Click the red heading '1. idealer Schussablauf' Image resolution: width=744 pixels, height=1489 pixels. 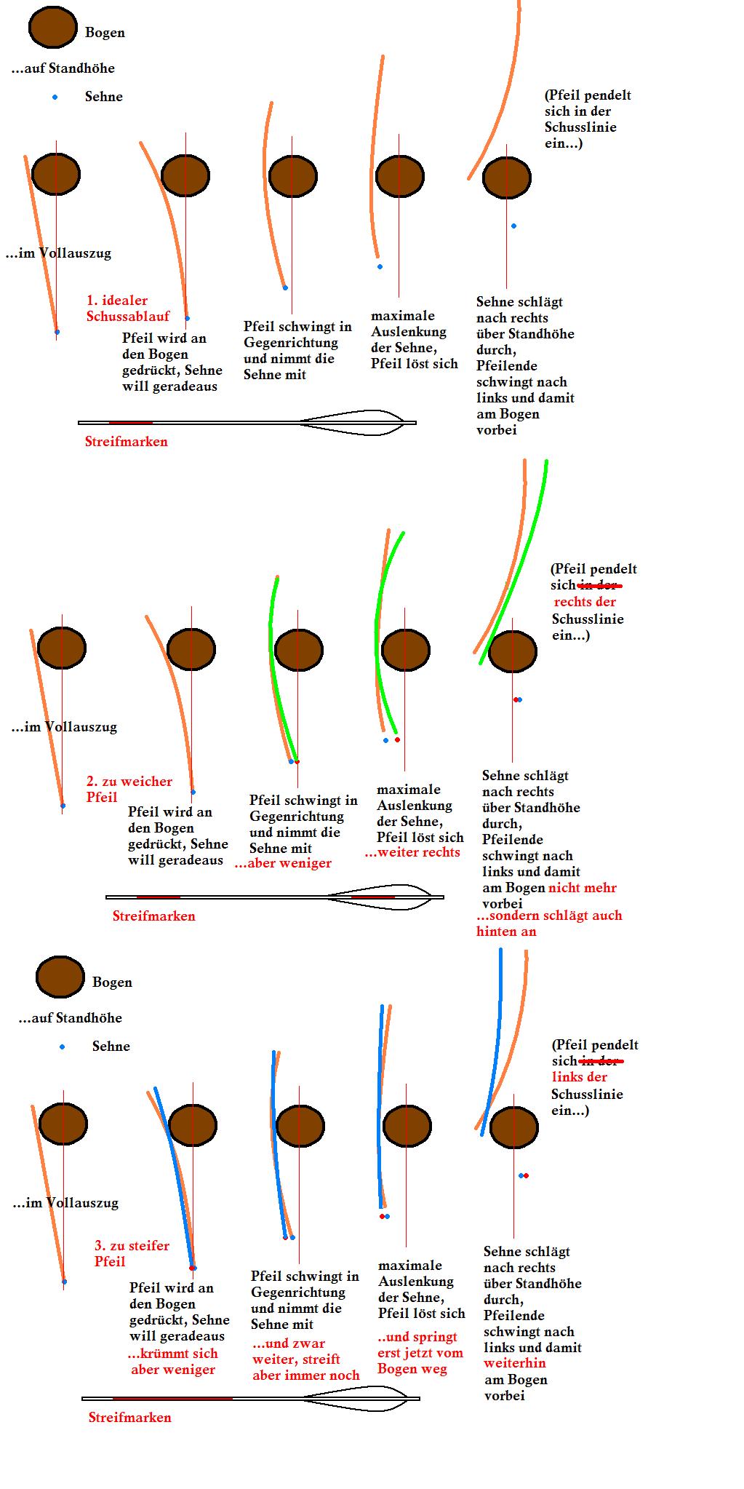coord(127,308)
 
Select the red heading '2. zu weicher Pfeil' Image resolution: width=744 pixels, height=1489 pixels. coord(129,789)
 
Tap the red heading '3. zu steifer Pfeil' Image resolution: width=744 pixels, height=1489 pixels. coord(131,1253)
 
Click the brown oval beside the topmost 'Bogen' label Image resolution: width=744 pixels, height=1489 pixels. coord(52,27)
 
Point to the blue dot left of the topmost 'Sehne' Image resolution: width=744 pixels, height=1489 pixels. coord(55,97)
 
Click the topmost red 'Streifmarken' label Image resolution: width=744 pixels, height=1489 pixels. coord(126,441)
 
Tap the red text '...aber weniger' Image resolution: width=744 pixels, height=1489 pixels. coord(283,863)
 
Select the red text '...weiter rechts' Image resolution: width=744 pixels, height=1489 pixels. coord(412,852)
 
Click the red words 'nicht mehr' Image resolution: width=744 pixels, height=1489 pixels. coord(582,887)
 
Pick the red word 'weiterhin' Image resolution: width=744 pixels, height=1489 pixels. coord(514,1362)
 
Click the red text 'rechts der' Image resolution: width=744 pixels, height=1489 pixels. coord(585,602)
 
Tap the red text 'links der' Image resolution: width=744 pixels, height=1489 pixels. coord(579,1077)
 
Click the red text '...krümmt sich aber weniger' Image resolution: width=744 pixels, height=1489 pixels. coord(172,1361)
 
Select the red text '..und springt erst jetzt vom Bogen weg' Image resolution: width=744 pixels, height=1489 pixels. coord(420,1352)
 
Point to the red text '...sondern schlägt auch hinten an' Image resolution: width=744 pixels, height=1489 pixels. coord(548,923)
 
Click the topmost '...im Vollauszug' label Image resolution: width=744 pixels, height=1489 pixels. coord(58,253)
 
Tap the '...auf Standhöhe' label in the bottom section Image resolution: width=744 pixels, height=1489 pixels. coord(70,1017)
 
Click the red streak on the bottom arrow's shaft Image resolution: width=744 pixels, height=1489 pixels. coord(172,1398)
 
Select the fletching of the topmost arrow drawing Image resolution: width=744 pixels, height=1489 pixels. coord(353,422)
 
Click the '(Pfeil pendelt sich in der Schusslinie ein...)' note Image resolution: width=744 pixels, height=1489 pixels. coord(587,119)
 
